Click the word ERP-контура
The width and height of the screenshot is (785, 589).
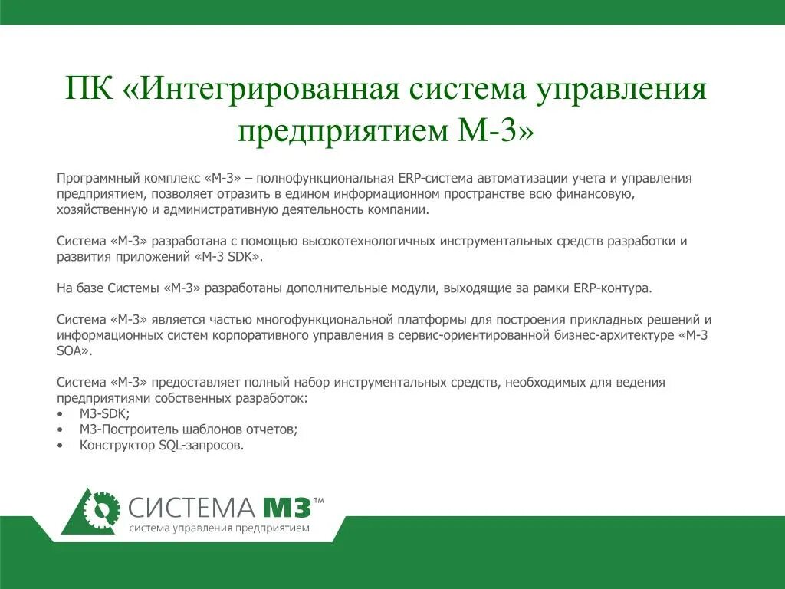[x=613, y=288]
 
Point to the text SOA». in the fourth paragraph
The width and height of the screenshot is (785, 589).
[x=74, y=350]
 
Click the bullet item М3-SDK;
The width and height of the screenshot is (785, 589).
[x=105, y=414]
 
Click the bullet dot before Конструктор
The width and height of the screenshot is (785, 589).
[x=61, y=446]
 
